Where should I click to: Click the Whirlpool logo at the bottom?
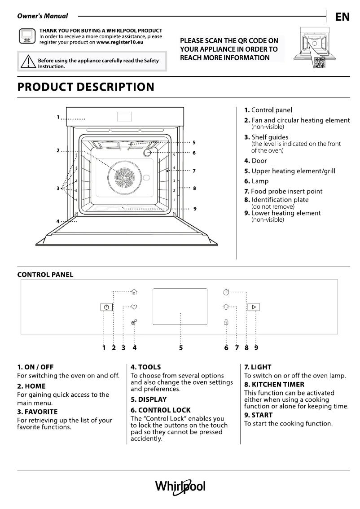pos(180,487)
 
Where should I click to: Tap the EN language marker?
pos(342,17)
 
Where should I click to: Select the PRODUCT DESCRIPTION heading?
pos(85,87)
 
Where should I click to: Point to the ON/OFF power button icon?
pos(106,307)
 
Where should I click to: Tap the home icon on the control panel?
pos(134,292)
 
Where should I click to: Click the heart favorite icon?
pos(134,307)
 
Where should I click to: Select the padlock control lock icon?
pos(226,322)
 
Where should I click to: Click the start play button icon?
pos(254,307)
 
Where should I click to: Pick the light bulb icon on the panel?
pos(226,307)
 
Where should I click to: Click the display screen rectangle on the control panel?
pos(180,307)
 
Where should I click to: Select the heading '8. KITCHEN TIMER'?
pos(274,384)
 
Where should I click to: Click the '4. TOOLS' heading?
pos(145,367)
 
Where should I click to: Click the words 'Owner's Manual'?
pos(43,16)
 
